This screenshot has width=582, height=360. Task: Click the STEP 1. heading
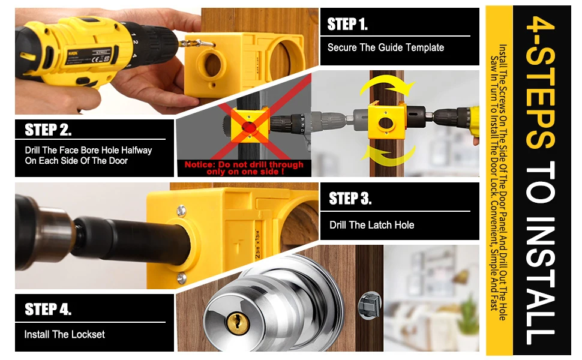(347, 25)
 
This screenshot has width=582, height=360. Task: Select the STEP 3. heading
(350, 199)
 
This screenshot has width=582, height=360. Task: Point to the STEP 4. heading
(48, 310)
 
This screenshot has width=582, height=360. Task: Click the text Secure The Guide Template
(385, 47)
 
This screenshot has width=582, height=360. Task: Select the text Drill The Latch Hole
(371, 225)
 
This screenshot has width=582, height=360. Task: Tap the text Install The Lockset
(64, 334)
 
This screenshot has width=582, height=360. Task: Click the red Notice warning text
(244, 167)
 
